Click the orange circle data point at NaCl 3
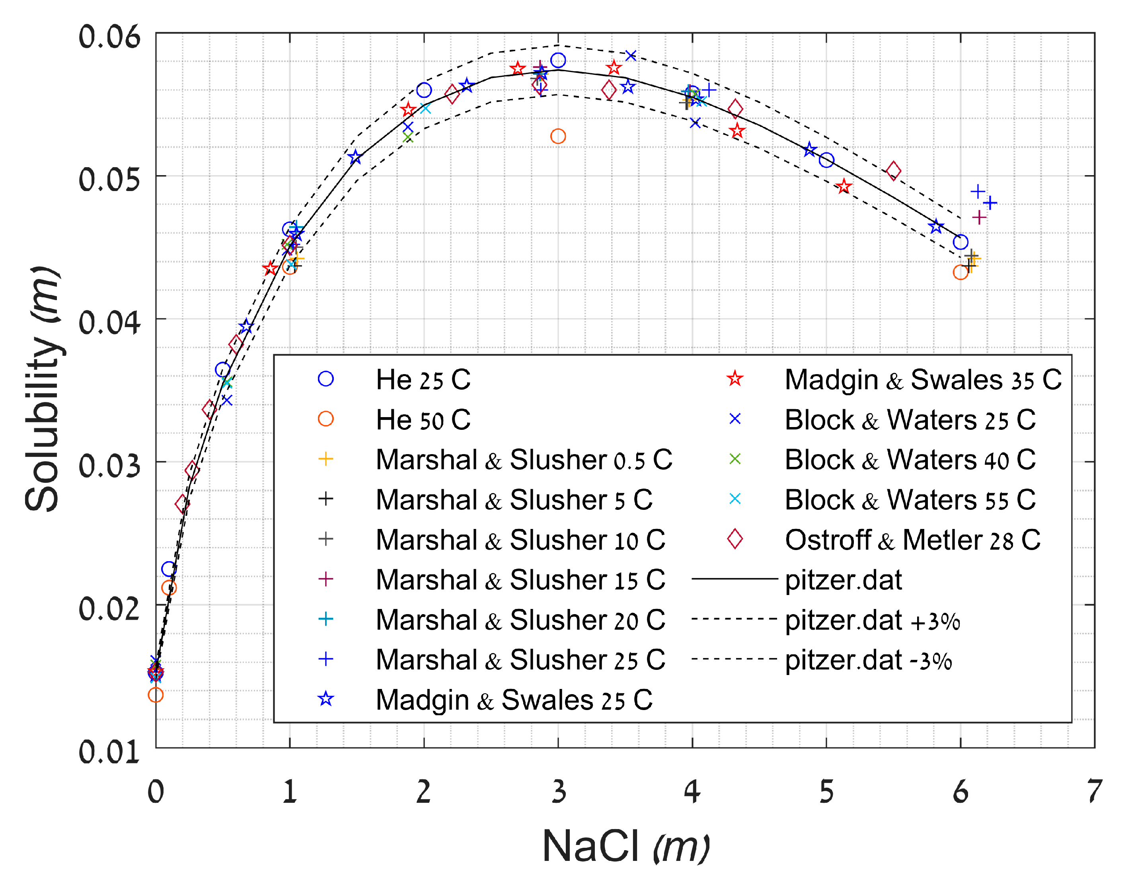point(558,137)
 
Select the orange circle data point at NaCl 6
point(960,272)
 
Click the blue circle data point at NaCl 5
point(826,160)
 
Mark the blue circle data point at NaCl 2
point(424,90)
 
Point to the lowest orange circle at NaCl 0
point(156,695)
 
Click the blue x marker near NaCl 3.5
point(631,55)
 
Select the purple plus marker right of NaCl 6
point(979,218)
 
